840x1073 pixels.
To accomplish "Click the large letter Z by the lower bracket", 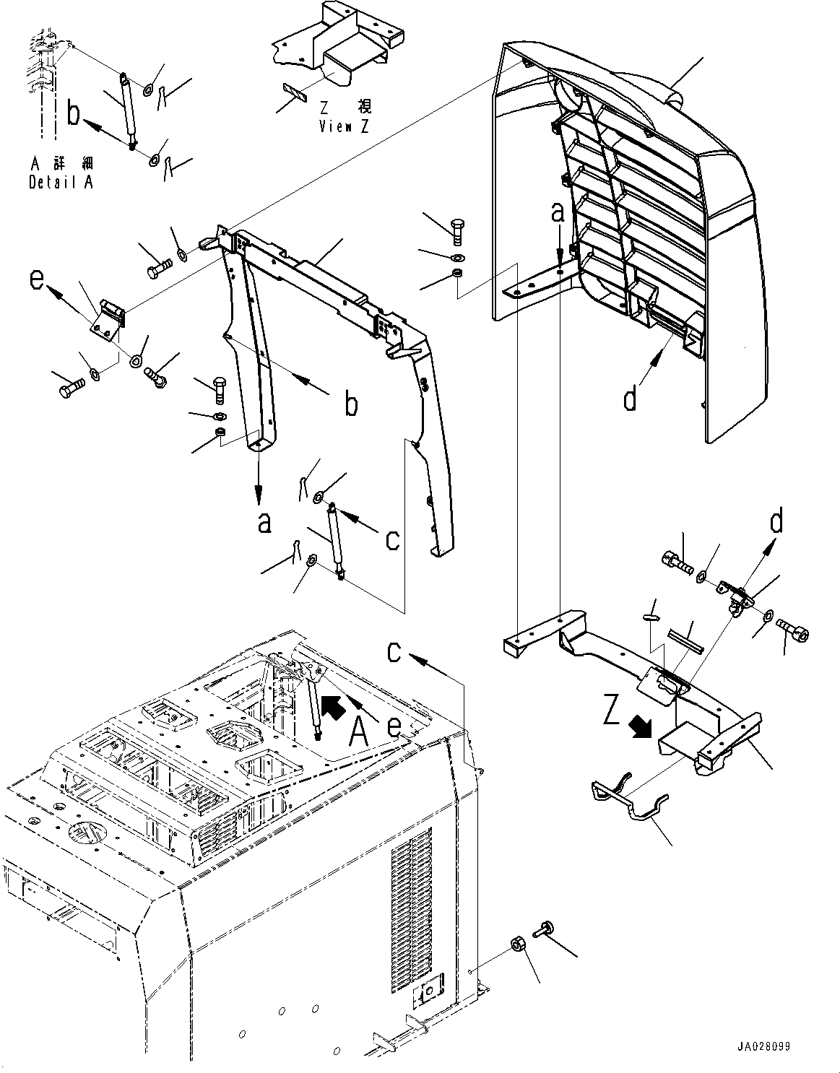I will pos(612,713).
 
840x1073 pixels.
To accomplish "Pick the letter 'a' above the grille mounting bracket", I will pos(557,214).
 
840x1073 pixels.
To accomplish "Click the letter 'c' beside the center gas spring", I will pos(392,539).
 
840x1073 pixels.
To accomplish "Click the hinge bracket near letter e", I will pos(107,318).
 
